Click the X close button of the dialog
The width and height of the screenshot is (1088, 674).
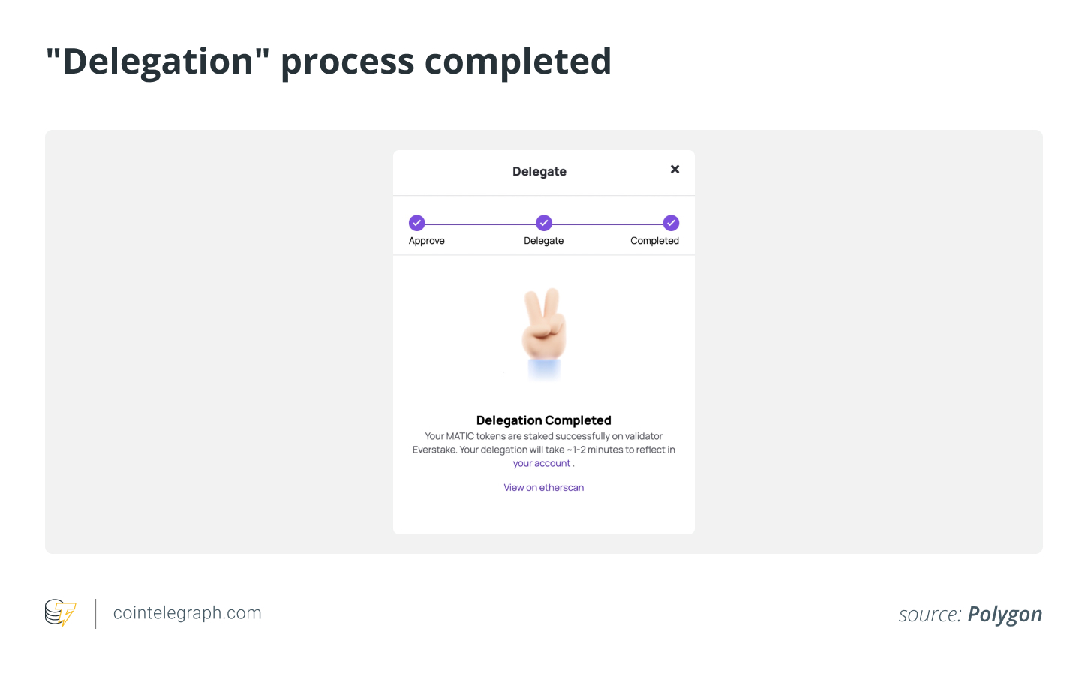(x=675, y=170)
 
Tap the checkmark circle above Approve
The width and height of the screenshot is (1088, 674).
(x=416, y=223)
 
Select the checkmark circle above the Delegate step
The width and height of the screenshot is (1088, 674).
(x=544, y=223)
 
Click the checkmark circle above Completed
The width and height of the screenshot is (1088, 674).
(x=671, y=223)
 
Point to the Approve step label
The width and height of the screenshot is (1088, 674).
(x=426, y=241)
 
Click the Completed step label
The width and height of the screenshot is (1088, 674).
(x=654, y=241)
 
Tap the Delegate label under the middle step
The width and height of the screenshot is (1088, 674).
(x=543, y=241)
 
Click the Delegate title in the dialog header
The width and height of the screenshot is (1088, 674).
(x=539, y=172)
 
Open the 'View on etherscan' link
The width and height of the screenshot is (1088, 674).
(x=543, y=488)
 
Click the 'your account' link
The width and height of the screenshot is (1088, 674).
(x=541, y=464)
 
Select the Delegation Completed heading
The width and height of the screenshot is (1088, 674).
(x=543, y=420)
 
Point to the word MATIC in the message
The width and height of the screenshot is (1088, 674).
(x=460, y=436)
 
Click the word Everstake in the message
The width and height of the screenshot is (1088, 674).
(x=434, y=450)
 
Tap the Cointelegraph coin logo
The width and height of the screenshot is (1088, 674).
(x=60, y=612)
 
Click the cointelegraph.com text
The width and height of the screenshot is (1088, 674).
(x=187, y=613)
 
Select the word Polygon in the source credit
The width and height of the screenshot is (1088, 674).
(x=1005, y=615)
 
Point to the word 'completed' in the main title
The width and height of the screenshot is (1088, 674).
(x=518, y=62)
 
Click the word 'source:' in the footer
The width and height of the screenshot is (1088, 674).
(x=930, y=615)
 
